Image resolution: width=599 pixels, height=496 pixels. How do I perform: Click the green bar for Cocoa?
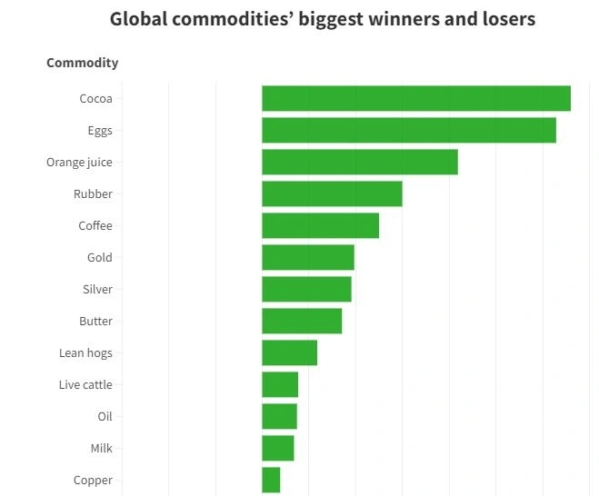415,98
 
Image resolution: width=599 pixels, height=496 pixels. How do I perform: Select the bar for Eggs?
408,130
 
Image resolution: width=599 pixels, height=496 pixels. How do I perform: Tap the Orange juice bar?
359,162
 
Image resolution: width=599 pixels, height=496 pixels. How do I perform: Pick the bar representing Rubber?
332,193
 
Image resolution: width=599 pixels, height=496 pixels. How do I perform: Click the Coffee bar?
320,225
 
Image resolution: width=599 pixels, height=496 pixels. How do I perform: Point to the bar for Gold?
307,257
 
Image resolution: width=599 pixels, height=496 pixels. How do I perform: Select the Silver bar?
306,289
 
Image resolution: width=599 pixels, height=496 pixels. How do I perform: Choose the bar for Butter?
302,321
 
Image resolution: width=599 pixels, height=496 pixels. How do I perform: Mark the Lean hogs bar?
289,352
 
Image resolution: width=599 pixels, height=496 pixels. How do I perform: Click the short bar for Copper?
271,480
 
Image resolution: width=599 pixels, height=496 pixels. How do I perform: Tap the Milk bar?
277,448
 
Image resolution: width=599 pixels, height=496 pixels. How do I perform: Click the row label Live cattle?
85,384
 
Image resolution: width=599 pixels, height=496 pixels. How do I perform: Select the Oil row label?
105,416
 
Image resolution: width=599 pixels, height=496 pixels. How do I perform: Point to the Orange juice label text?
79,162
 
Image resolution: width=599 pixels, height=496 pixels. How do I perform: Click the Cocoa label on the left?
95,98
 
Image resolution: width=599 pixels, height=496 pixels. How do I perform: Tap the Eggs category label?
100,130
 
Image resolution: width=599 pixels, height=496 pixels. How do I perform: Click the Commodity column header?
82,63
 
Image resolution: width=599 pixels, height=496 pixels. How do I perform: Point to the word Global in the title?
138,18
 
